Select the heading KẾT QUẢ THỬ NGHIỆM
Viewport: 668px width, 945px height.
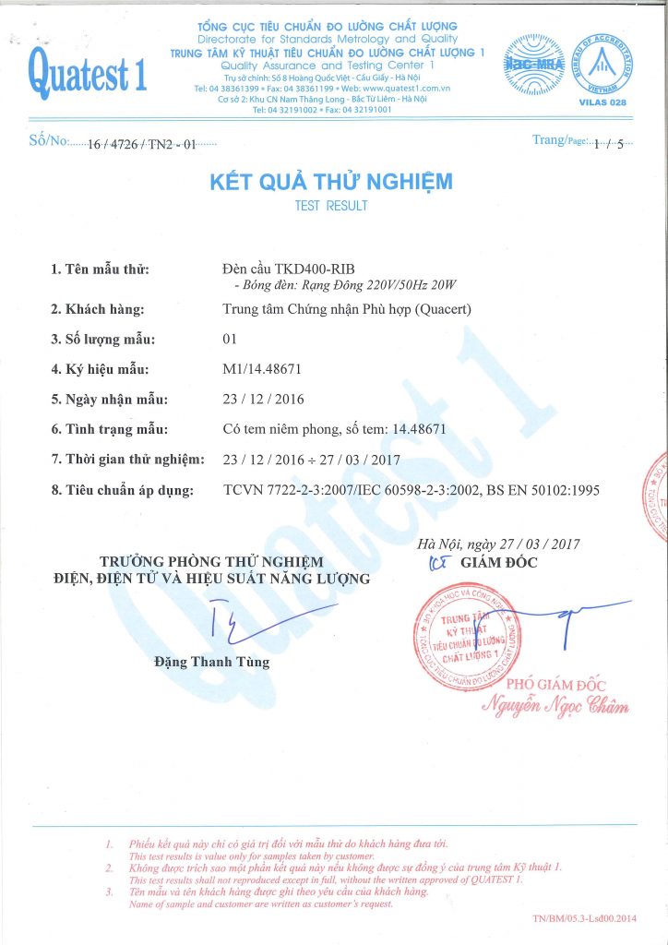coord(331,182)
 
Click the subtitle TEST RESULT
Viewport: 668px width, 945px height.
coord(331,206)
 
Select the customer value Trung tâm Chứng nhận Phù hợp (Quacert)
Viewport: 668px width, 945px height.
coord(347,309)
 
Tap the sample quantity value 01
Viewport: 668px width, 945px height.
coord(231,339)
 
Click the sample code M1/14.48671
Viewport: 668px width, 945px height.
coord(263,369)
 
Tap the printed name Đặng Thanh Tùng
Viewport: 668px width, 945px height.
coord(212,662)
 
